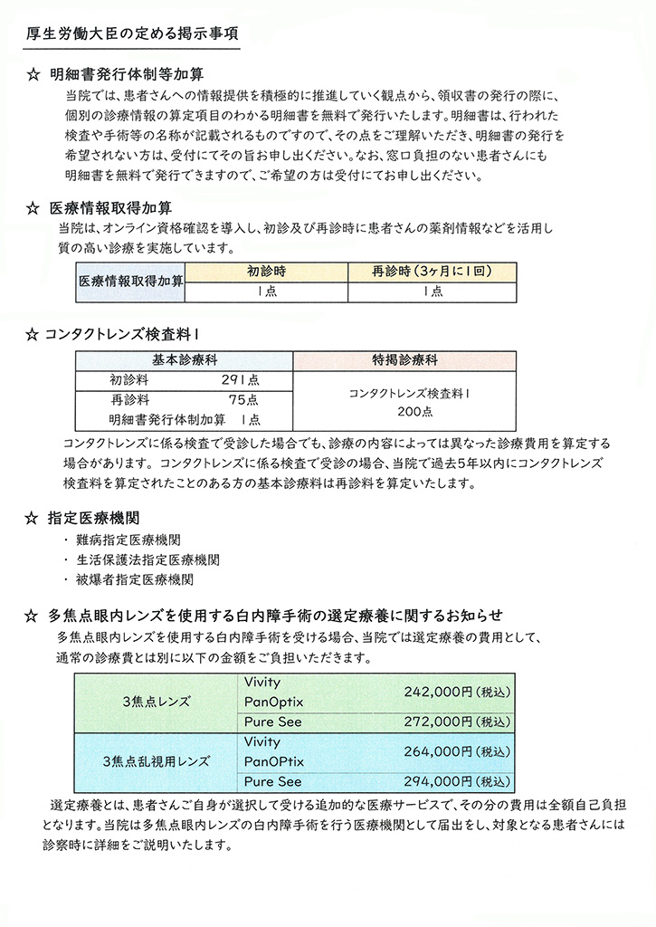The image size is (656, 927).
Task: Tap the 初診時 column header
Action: (x=266, y=271)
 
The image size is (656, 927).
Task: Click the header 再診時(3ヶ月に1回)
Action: (x=432, y=271)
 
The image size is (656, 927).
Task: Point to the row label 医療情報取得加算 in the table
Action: (x=131, y=282)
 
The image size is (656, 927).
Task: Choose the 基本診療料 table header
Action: (x=184, y=359)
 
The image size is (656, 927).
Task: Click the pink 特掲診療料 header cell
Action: (x=404, y=359)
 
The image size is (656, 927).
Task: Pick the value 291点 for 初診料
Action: (x=240, y=381)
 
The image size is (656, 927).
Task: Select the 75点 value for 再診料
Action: (x=243, y=400)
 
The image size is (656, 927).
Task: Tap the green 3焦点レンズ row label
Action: (x=156, y=700)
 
